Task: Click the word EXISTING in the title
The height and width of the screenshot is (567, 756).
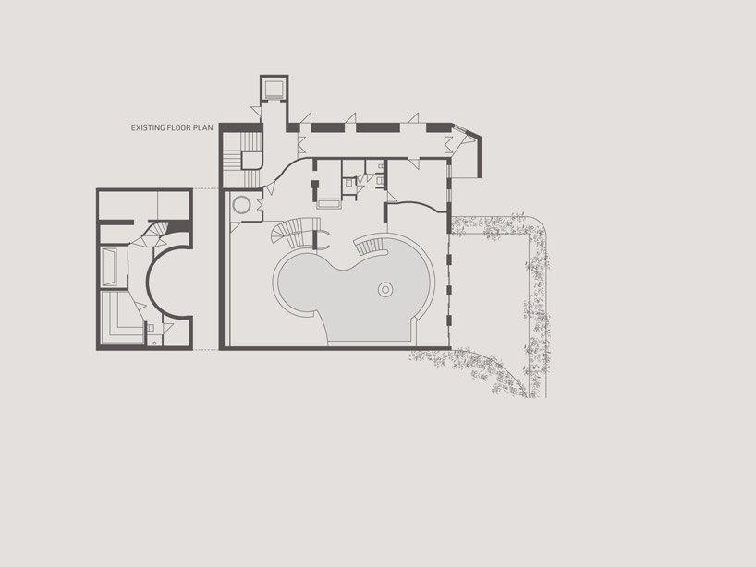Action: tap(149, 130)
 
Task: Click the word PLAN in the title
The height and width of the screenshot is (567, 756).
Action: tap(203, 130)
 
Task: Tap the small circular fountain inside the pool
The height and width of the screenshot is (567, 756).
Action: tap(384, 290)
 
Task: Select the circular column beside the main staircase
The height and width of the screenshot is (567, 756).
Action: tap(242, 205)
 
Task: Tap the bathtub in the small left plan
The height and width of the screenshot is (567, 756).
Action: tap(108, 267)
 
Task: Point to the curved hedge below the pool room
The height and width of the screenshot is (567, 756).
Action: tap(490, 369)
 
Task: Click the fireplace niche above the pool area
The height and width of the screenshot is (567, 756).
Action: tap(330, 199)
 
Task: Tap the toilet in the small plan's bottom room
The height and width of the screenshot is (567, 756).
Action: tap(151, 328)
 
